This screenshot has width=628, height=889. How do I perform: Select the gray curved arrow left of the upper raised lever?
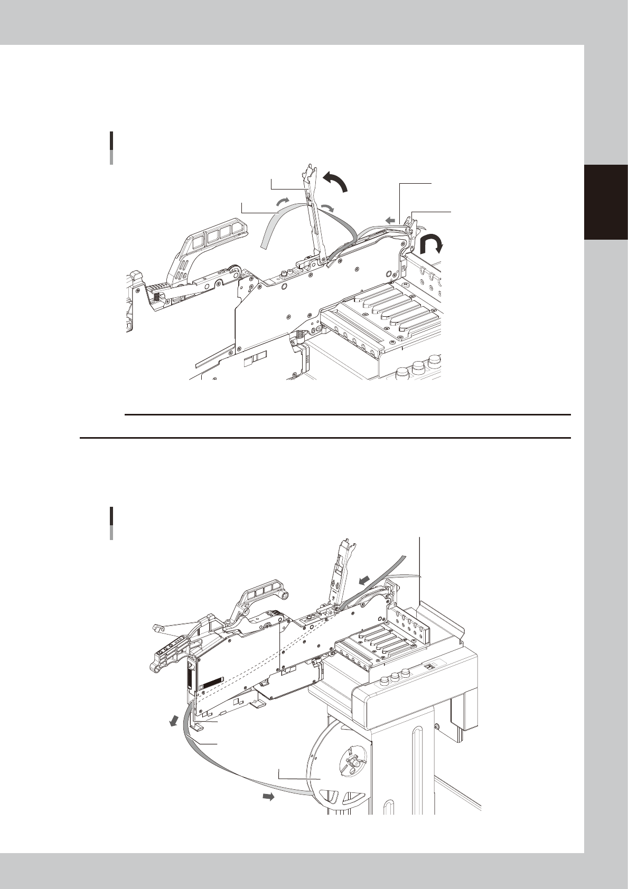tap(284, 201)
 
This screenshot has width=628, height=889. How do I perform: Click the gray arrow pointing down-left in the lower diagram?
tap(172, 721)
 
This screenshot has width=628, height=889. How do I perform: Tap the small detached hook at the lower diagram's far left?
tap(156, 627)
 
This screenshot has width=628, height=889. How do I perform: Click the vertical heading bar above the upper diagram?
tap(111, 148)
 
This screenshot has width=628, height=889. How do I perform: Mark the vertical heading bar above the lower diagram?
tap(111, 523)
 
